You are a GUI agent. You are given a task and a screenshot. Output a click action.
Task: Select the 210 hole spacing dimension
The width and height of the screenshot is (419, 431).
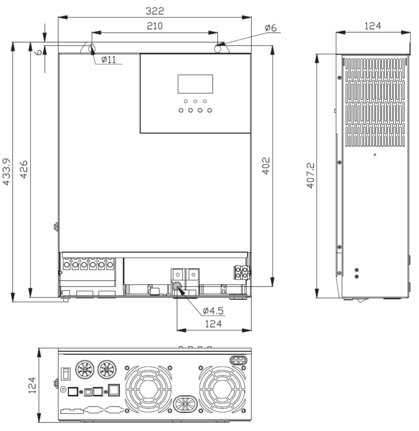154,26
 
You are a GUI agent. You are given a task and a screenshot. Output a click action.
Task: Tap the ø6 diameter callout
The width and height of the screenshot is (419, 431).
270,28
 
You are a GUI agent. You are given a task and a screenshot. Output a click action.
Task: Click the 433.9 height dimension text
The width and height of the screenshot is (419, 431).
7,172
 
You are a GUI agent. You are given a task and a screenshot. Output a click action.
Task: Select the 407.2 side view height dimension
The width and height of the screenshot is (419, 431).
310,176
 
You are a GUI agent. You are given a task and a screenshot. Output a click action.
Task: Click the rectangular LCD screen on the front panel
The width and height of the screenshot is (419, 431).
195,84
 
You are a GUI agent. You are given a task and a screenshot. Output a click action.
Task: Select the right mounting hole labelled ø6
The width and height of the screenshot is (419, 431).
218,48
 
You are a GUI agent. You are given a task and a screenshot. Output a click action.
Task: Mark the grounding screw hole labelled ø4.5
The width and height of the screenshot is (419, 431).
178,288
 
